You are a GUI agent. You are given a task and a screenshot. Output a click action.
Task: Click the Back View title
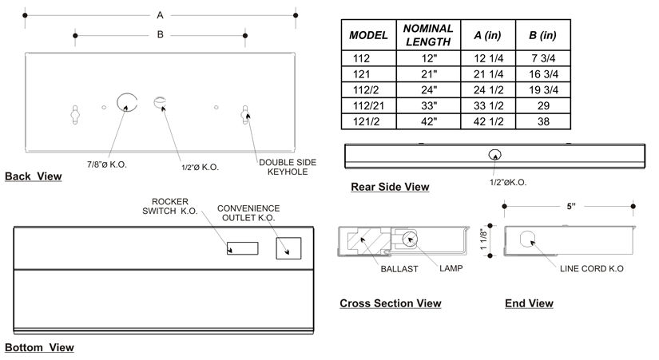[33, 176]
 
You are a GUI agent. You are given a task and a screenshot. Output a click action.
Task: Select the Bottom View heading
[39, 347]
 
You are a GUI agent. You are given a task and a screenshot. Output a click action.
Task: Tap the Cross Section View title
[390, 303]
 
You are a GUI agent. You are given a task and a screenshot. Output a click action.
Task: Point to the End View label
[529, 303]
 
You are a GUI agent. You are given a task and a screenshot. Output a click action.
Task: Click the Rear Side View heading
[390, 187]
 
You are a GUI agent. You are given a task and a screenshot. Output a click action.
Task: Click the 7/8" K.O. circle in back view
[125, 101]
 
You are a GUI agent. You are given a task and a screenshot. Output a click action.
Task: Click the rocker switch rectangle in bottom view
[242, 248]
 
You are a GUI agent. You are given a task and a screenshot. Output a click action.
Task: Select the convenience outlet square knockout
[288, 248]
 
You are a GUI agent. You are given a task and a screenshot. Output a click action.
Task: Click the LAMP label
[450, 269]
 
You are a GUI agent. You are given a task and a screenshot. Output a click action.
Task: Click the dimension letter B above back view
[161, 34]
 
